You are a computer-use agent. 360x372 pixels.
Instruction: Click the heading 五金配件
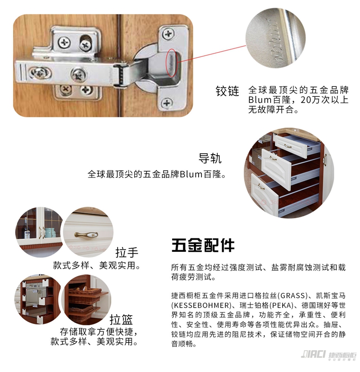[x=203, y=245]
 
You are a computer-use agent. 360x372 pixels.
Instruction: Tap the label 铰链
[x=227, y=91]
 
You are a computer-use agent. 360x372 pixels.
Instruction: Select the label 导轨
[x=210, y=158]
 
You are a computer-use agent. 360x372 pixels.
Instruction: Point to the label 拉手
[x=127, y=252]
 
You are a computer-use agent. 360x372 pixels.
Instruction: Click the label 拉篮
[x=121, y=319]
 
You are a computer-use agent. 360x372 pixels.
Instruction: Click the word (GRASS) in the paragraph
[x=292, y=296]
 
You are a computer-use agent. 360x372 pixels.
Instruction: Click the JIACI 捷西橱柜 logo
[x=328, y=355]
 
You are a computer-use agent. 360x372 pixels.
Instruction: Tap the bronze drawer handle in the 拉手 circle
[x=86, y=235]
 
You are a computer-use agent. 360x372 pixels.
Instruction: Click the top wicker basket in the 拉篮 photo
[x=85, y=291]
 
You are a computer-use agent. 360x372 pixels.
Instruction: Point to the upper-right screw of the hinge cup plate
[x=168, y=34]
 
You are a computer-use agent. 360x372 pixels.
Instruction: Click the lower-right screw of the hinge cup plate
[x=167, y=103]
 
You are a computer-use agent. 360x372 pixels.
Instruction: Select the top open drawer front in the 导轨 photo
[x=290, y=145]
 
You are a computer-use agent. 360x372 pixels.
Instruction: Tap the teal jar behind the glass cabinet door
[x=50, y=233]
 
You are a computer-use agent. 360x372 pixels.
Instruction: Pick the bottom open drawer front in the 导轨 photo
[x=265, y=195]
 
